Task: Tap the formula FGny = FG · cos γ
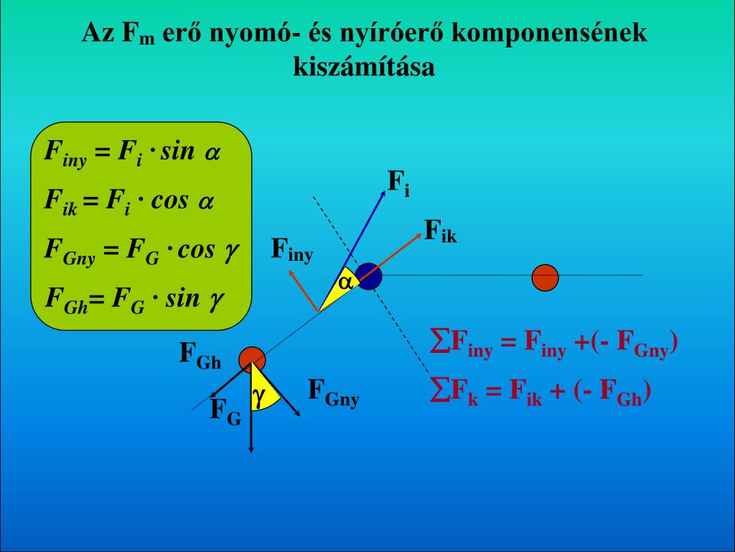coord(141,250)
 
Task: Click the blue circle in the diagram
coord(369,276)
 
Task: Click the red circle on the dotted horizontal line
coord(545,277)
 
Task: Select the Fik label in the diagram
coord(439,231)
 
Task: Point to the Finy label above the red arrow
coord(291,250)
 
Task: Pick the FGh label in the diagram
coord(200,355)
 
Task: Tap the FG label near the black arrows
coord(225,411)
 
